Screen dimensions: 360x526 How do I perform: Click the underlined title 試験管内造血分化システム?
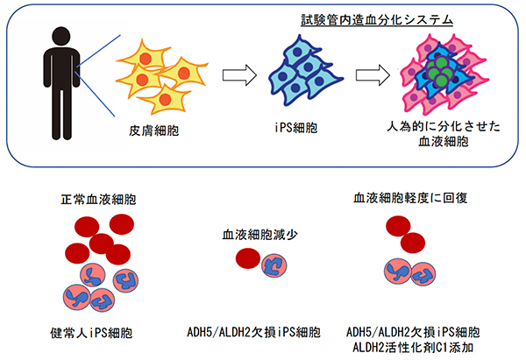(x=378, y=18)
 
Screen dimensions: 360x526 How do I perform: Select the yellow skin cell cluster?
(x=162, y=74)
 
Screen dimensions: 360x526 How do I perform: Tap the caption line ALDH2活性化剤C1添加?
(x=410, y=348)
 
